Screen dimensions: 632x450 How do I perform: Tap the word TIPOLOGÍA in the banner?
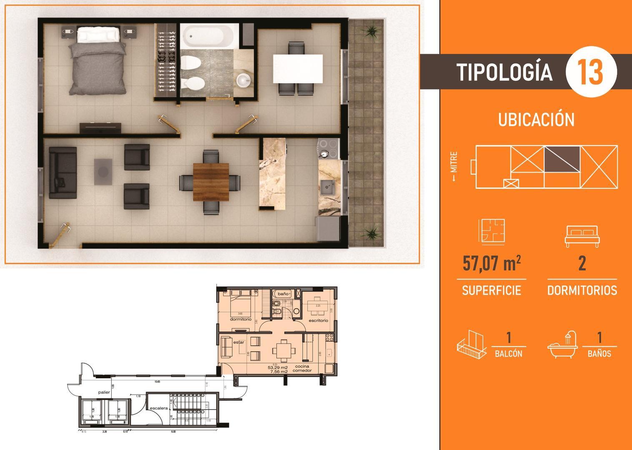tap(504, 72)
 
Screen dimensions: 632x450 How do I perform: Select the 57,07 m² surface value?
tap(492, 264)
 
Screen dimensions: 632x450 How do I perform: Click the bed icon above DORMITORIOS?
tap(582, 236)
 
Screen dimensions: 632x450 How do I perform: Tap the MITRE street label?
tap(454, 167)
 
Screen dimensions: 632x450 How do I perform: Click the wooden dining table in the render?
tap(211, 182)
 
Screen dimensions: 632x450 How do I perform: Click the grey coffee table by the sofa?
tap(103, 171)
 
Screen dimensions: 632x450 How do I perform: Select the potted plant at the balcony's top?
tap(370, 30)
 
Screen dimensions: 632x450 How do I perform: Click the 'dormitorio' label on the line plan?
tap(241, 320)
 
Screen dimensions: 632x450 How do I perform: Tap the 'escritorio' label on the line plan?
tap(319, 320)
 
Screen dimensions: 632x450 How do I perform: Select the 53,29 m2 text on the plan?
tap(278, 367)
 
